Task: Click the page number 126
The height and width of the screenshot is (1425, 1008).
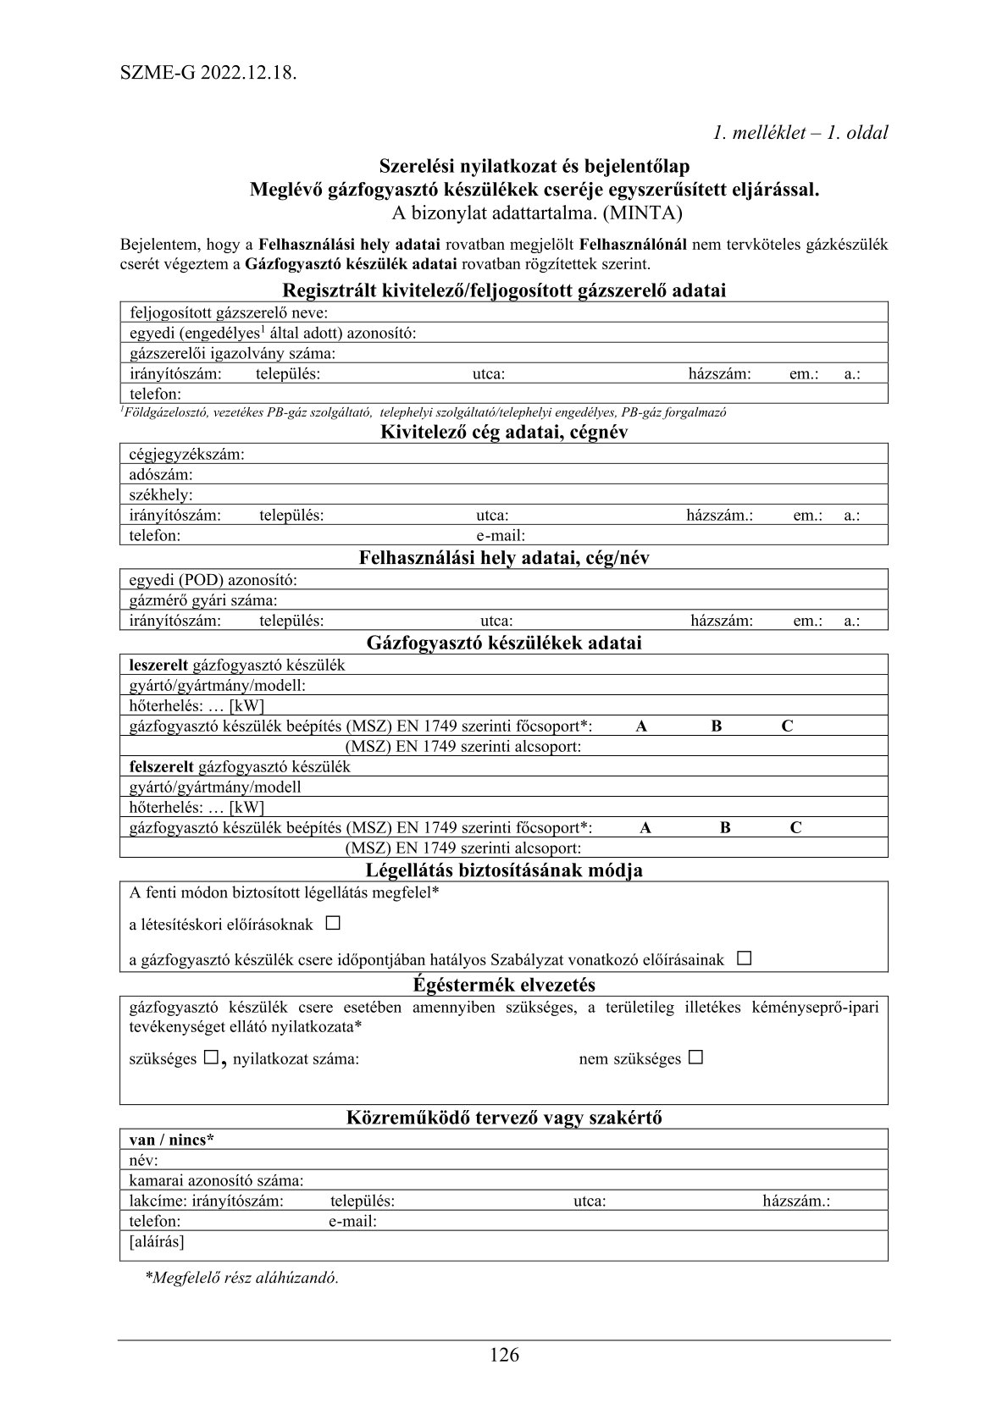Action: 504,1355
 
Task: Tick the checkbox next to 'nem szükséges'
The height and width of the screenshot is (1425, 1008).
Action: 695,1058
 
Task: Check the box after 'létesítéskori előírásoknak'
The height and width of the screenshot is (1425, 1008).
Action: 333,923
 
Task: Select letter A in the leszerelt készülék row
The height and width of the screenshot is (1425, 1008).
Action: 641,726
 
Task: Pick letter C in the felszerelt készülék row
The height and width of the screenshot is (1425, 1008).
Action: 795,828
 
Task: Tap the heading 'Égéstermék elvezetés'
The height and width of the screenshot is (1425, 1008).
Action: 504,985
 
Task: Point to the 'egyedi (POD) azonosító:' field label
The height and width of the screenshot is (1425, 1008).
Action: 213,580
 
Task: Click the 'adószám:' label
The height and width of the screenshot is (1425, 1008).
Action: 161,475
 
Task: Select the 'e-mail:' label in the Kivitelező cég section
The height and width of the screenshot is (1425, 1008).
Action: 501,536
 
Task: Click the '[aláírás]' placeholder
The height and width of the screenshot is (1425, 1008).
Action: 157,1242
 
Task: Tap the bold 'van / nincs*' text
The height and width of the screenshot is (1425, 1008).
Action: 171,1140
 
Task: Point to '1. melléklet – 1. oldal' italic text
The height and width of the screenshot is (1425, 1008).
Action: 800,132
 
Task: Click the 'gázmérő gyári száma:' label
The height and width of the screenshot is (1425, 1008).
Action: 203,600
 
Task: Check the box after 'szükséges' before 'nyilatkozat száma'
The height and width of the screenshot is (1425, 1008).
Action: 210,1058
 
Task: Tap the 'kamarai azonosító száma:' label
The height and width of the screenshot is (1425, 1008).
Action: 216,1180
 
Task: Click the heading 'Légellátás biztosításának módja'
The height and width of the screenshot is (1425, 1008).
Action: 504,870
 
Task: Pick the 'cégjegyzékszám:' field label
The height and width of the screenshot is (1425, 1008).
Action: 186,455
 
